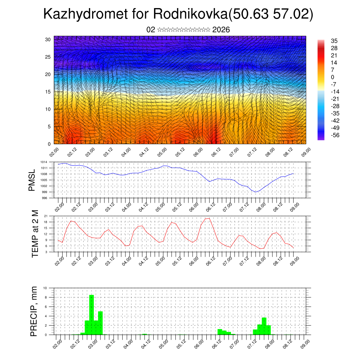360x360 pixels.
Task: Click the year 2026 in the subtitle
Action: [x=221, y=30]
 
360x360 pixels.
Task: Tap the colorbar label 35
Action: [x=334, y=41]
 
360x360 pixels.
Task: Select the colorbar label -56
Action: [x=335, y=135]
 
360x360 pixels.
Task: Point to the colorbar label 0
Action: [x=333, y=77]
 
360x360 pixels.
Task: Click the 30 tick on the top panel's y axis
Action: [x=48, y=39]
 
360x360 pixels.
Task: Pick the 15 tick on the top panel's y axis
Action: [x=48, y=92]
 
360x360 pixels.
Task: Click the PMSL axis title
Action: [x=32, y=180]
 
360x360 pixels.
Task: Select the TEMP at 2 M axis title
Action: [x=35, y=234]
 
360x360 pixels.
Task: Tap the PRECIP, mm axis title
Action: [x=34, y=311]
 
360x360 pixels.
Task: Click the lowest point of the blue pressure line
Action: [x=256, y=192]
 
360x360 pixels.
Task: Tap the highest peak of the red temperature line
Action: [x=210, y=218]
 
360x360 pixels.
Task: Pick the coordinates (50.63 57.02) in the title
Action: [x=271, y=14]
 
